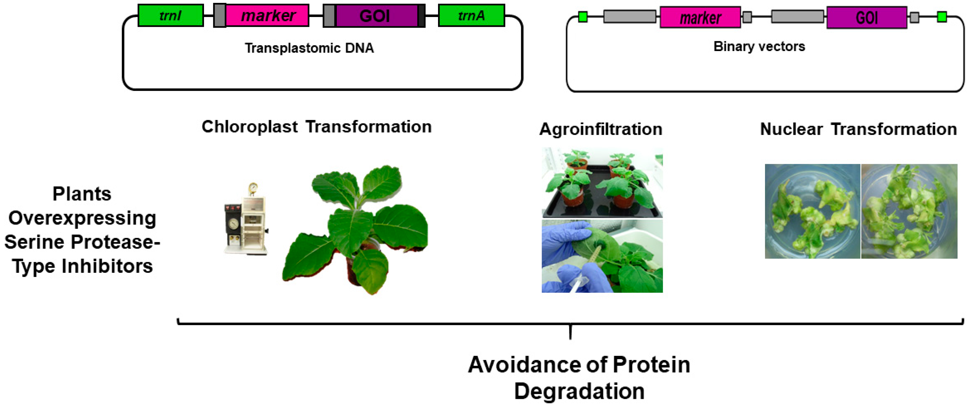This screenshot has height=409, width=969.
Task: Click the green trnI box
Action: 171,15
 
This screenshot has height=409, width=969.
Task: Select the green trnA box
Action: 471,15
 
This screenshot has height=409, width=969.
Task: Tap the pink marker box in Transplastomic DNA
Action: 267,15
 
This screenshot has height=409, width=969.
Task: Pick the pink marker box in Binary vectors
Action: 700,17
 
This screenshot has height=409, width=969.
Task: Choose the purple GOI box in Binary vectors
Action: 867,17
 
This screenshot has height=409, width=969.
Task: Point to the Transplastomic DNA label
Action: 309,48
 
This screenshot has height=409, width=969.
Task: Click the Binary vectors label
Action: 759,46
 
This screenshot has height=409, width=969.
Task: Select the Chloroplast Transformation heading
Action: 316,127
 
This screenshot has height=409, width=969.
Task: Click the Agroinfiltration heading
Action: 601,129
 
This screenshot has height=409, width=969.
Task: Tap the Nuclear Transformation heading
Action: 858,129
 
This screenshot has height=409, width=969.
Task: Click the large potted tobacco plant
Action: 355,230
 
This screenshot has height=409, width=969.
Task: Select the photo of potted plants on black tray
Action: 602,183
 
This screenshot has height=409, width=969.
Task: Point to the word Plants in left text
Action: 82,194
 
